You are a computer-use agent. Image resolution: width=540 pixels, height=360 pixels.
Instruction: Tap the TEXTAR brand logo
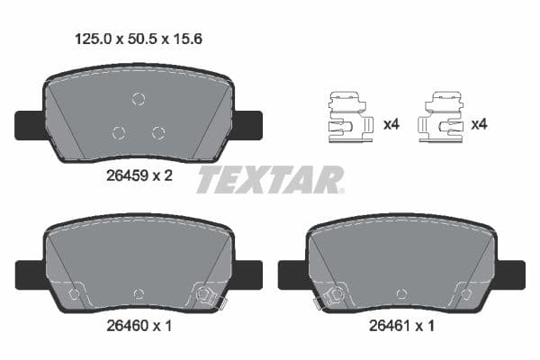pyautogui.click(x=270, y=180)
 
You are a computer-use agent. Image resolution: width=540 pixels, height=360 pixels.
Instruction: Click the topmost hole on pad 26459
pyautogui.click(x=138, y=99)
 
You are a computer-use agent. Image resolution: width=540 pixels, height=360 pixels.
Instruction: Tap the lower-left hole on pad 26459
pyautogui.click(x=118, y=133)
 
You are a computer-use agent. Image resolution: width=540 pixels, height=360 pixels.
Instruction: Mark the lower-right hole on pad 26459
pyautogui.click(x=158, y=133)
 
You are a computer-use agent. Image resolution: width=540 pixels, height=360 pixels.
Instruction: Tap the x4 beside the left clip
pyautogui.click(x=391, y=124)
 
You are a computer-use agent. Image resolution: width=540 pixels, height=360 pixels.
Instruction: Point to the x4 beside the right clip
pyautogui.click(x=481, y=124)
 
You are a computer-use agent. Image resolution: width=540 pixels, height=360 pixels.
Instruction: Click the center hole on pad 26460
pyautogui.click(x=138, y=293)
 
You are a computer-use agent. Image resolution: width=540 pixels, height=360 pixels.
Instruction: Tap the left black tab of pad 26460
pyautogui.click(x=29, y=273)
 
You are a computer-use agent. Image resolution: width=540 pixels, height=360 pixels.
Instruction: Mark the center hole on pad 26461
pyautogui.click(x=401, y=293)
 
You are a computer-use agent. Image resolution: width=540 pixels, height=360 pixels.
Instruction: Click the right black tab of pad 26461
pyautogui.click(x=511, y=273)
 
